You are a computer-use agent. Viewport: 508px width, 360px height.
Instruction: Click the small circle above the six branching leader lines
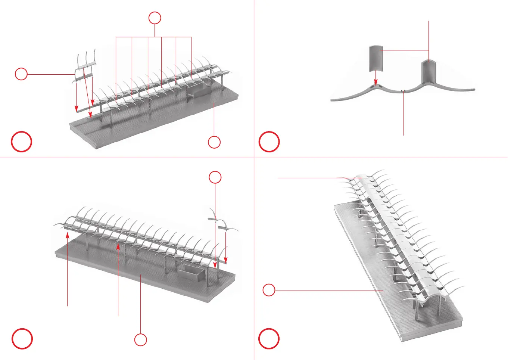(155, 18)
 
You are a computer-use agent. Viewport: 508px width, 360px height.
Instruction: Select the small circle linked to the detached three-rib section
(21, 74)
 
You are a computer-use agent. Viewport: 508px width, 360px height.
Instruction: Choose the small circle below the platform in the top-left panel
(214, 142)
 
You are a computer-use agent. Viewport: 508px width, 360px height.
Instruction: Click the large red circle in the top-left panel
(22, 142)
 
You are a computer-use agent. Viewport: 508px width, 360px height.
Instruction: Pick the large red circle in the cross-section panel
(269, 142)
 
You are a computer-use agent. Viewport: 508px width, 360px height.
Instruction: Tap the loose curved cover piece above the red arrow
(376, 58)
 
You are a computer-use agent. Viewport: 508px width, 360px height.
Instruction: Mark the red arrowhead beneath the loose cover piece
(376, 83)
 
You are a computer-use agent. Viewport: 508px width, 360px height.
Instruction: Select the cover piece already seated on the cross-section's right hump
(428, 72)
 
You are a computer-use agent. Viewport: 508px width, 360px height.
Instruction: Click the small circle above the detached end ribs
(215, 177)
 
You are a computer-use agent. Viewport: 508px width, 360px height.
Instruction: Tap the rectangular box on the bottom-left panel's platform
(191, 273)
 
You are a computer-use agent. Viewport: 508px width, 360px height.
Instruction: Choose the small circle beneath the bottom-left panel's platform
(141, 340)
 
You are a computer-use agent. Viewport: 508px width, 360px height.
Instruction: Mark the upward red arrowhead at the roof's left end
(68, 235)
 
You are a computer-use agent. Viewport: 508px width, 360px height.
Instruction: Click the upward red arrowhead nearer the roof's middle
(118, 245)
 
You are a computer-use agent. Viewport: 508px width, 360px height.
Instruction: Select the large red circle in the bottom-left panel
(22, 339)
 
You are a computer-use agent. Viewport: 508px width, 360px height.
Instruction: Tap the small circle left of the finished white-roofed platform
(269, 290)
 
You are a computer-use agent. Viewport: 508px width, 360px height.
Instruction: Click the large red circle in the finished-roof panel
(269, 338)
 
